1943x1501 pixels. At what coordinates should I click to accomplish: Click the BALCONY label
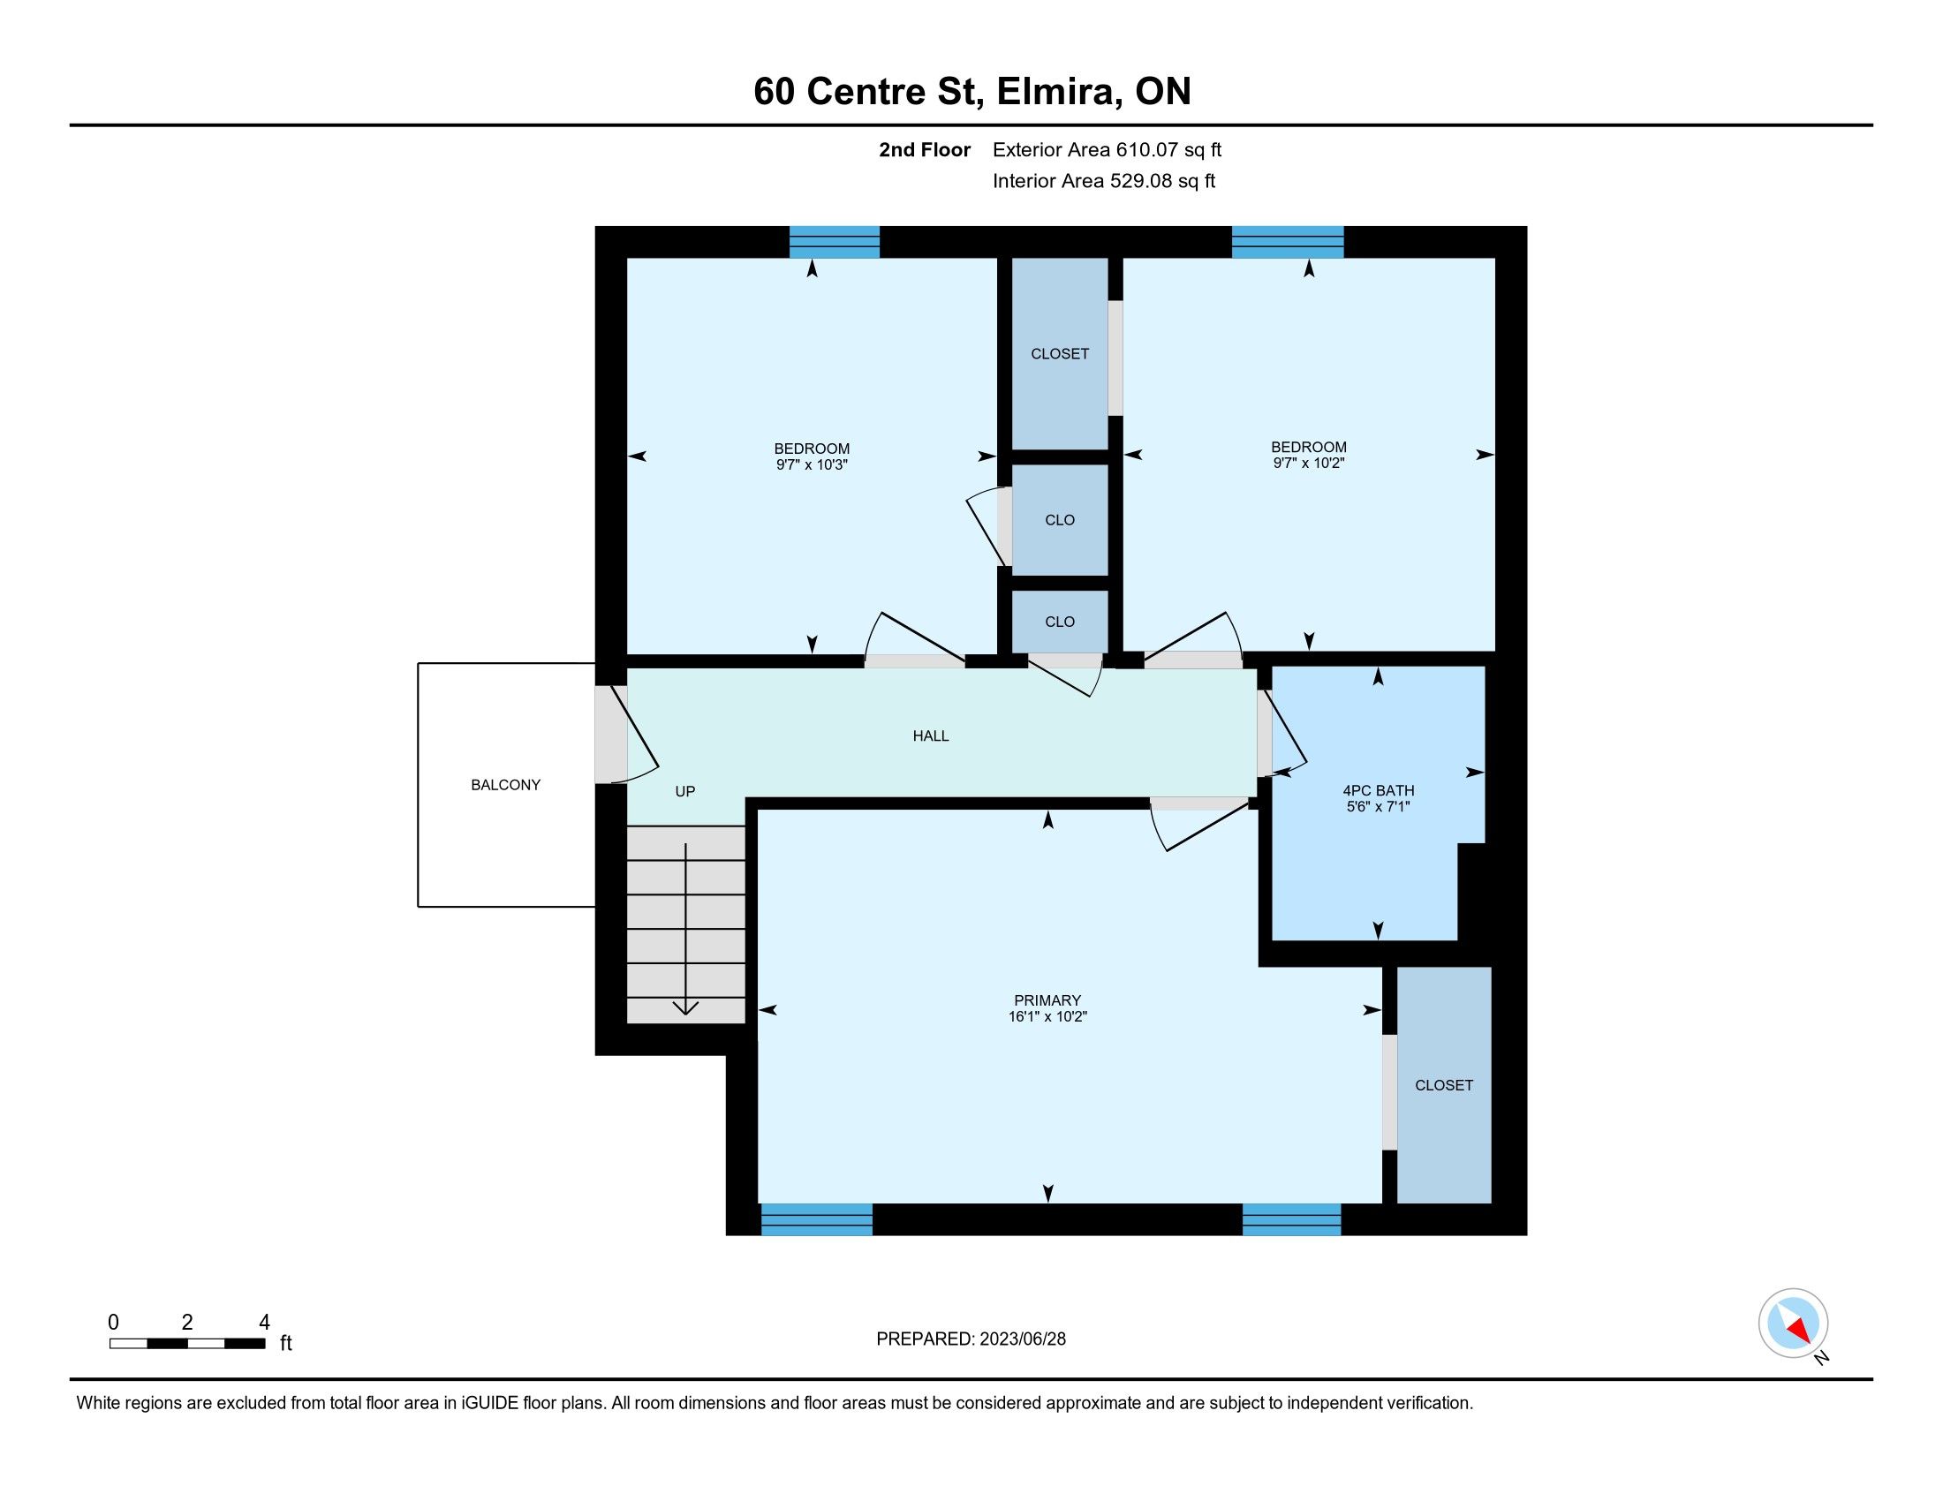(x=505, y=784)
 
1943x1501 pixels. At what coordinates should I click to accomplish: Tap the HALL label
(x=931, y=735)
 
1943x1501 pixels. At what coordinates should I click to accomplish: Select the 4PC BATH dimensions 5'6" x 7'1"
(x=1378, y=806)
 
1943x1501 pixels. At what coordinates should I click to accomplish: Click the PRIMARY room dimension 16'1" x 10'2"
(x=1048, y=1016)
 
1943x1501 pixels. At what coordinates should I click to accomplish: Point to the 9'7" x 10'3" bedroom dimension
(x=812, y=464)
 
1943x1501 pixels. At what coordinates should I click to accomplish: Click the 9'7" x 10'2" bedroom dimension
(x=1308, y=463)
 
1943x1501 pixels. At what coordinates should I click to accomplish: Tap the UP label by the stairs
(x=685, y=791)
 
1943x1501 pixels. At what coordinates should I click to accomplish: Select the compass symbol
(x=1794, y=1324)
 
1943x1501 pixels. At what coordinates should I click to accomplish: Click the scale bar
(x=187, y=1344)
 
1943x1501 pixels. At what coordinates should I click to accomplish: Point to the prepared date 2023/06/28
(x=1022, y=1339)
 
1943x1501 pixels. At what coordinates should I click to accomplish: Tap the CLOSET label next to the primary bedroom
(x=1444, y=1085)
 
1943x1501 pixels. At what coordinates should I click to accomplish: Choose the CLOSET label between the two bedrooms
(x=1060, y=354)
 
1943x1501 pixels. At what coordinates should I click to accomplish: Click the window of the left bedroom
(x=835, y=242)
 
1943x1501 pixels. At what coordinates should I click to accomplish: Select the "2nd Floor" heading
(x=925, y=149)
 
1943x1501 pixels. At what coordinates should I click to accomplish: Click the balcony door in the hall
(x=626, y=735)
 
